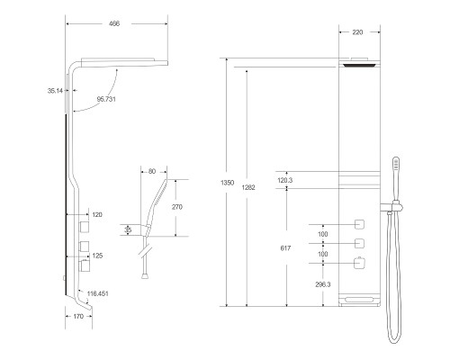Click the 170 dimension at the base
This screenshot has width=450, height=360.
(x=77, y=317)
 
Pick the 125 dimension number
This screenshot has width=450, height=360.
(x=97, y=256)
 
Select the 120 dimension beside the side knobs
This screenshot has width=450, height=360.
(x=97, y=215)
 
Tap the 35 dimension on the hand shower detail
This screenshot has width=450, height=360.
(x=129, y=229)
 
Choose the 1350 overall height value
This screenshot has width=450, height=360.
(x=228, y=183)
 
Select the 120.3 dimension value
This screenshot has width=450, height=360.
(x=286, y=180)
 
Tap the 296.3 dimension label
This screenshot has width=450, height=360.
(x=299, y=283)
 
